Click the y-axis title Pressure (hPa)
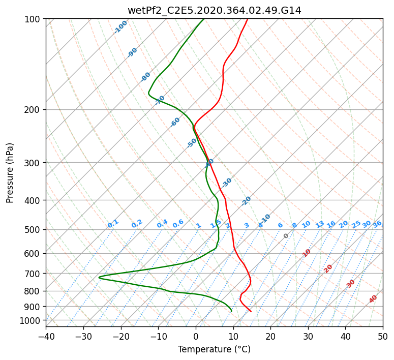[10, 172]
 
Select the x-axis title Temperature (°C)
[214, 349]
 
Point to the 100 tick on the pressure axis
[33, 19]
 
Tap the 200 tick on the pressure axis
[33, 109]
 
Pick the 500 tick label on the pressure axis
[33, 229]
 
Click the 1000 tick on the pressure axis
[31, 320]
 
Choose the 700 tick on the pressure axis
[33, 274]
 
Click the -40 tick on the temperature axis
[46, 336]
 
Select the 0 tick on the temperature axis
[196, 336]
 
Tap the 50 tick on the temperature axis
[383, 336]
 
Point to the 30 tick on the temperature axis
[308, 336]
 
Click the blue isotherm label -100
[120, 27]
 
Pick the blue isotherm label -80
[146, 77]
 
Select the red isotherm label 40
[373, 299]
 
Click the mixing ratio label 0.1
[113, 224]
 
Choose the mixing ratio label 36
[377, 224]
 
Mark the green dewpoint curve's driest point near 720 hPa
[99, 277]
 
